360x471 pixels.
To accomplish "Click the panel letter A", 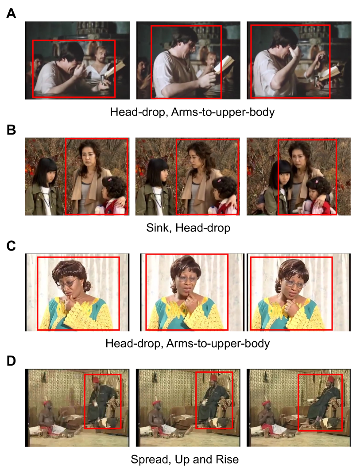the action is (11, 13).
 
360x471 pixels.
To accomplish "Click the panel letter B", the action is (11, 130).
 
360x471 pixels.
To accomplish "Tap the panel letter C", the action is (11, 245).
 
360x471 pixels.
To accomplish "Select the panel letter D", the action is (11, 361).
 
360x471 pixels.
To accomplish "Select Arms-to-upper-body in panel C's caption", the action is (218, 344).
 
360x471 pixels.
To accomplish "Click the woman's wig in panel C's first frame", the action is (71, 272).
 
